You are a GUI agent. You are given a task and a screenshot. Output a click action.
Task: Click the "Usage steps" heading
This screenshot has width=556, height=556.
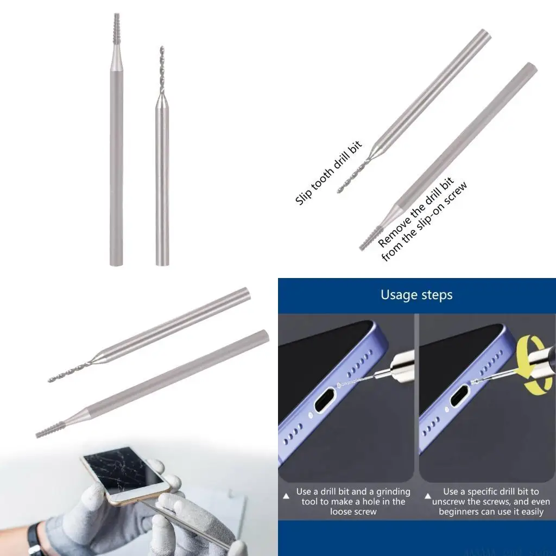point(416,295)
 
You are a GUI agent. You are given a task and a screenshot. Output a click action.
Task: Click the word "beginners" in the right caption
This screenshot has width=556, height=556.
point(462,511)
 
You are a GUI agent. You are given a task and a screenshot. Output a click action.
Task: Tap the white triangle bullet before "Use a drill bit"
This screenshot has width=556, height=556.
point(286,495)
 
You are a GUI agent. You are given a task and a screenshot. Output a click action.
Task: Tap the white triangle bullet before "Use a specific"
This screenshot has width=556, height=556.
point(427,495)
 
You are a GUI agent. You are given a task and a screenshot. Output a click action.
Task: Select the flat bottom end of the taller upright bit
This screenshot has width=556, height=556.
point(116,263)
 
